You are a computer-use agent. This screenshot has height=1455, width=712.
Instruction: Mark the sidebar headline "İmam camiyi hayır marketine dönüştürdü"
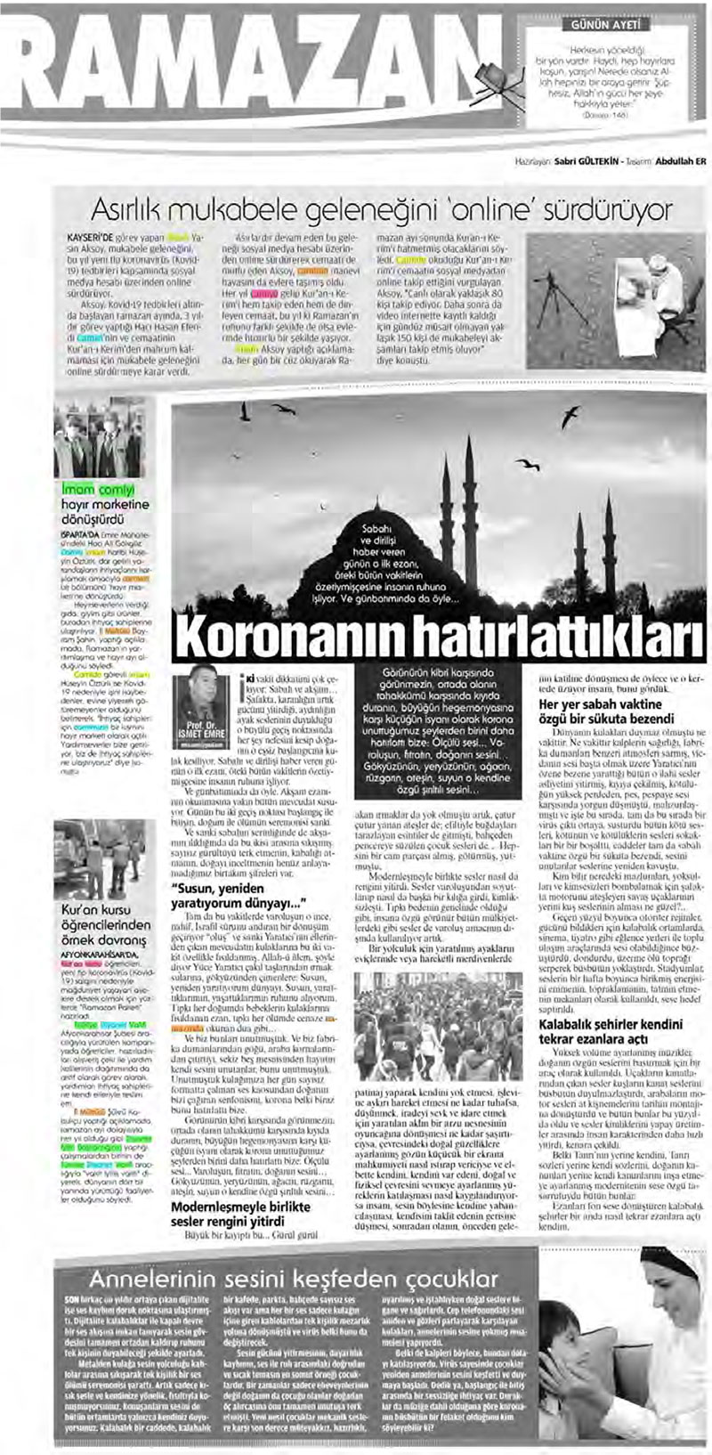[x=105, y=503]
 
